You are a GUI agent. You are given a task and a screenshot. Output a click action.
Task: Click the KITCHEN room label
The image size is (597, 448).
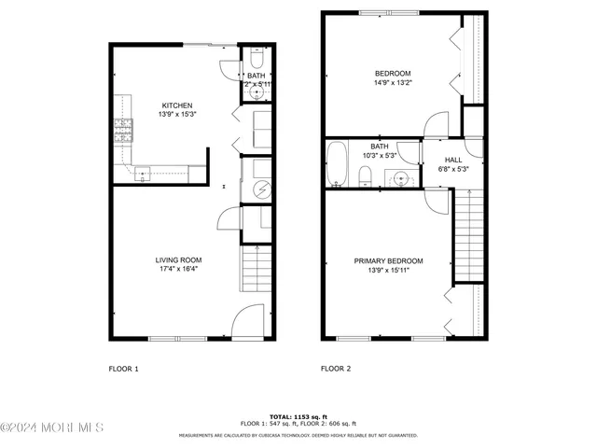point(177,105)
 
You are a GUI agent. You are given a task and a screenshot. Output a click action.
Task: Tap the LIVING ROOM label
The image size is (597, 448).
point(177,259)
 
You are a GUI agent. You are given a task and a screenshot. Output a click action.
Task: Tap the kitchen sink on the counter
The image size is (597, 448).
point(142,171)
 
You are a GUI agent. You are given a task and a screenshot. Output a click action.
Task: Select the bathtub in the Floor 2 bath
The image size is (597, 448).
point(338,164)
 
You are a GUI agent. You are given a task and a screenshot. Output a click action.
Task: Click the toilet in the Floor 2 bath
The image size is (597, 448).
point(365,175)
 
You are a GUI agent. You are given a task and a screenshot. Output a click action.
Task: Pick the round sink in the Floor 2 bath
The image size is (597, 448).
point(402,176)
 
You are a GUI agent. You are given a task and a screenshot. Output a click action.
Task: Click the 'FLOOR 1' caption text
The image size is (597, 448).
point(123,369)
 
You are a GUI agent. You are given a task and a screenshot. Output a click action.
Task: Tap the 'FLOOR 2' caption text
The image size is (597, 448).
point(336,369)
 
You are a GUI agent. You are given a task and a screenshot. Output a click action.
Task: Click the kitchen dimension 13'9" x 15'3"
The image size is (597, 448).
point(177,114)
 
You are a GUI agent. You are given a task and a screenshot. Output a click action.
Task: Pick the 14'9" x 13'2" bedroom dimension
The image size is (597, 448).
point(393,82)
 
